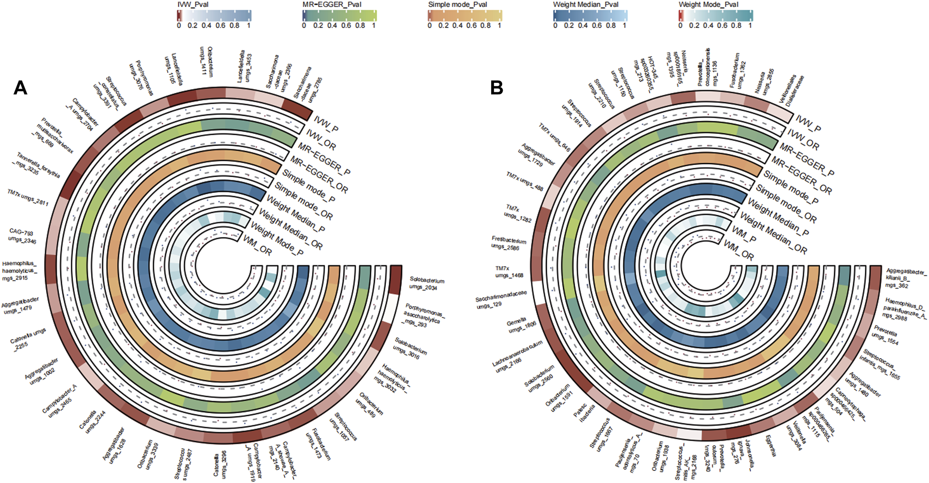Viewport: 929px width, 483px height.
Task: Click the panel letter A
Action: pyautogui.click(x=20, y=88)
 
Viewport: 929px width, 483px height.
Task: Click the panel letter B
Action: pyautogui.click(x=496, y=88)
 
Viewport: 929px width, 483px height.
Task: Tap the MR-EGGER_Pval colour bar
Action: pyautogui.click(x=340, y=16)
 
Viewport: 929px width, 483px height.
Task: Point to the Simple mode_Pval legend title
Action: pyautogui.click(x=458, y=5)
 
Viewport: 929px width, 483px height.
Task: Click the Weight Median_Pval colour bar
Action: pyautogui.click(x=590, y=16)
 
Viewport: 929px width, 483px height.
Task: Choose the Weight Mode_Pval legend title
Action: pyautogui.click(x=709, y=5)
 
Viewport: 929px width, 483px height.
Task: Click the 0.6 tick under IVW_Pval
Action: pyautogui.click(x=221, y=25)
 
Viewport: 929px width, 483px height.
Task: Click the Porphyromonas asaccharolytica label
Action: pyautogui.click(x=423, y=315)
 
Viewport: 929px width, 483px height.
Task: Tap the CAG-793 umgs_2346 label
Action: pyautogui.click(x=22, y=237)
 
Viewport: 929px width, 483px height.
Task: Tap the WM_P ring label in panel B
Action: pyautogui.click(x=744, y=235)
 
